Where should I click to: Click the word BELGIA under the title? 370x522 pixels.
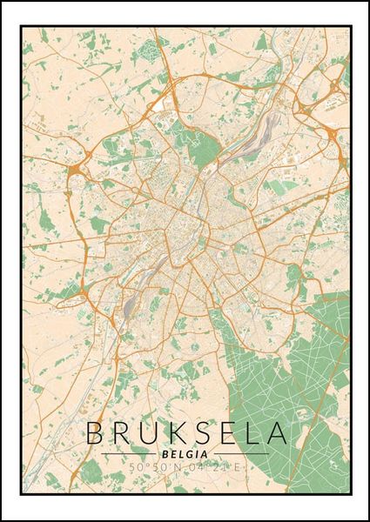pos(185,453)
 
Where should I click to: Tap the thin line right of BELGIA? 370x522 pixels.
pos(239,454)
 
